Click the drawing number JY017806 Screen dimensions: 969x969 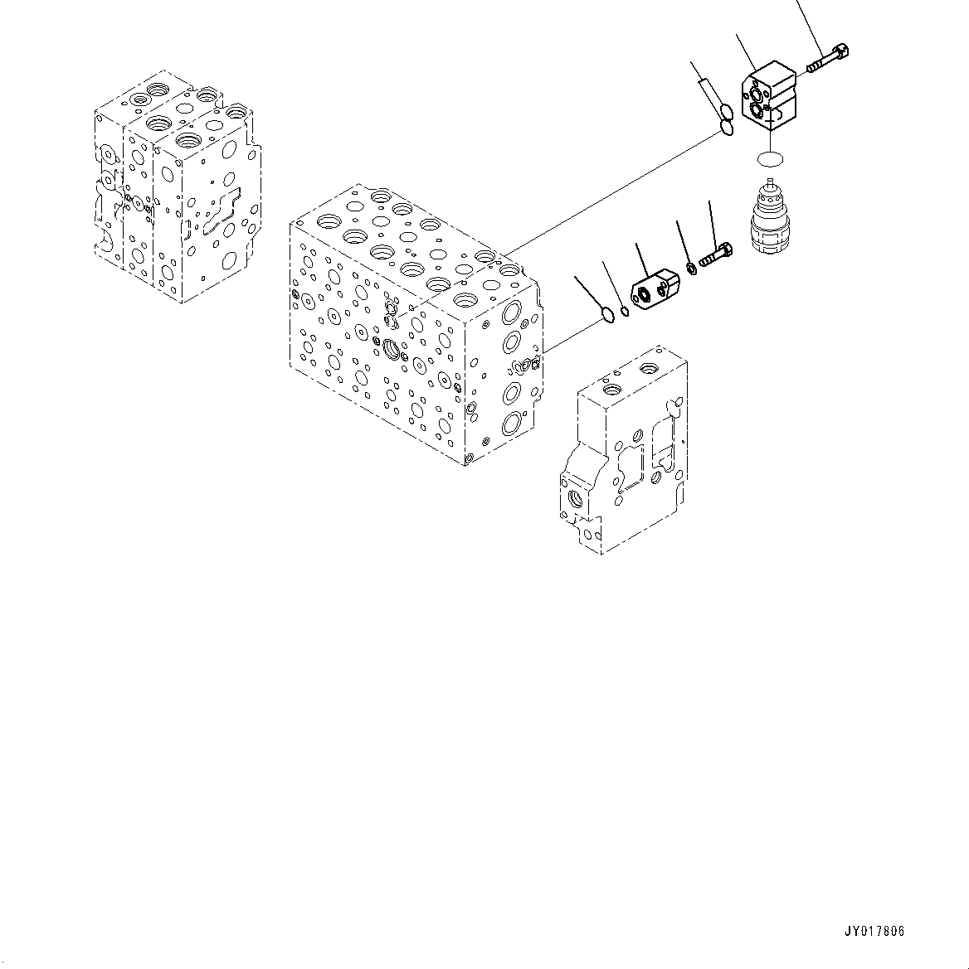(873, 931)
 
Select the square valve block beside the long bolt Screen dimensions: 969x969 (769, 95)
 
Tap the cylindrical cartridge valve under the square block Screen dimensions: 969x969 (768, 216)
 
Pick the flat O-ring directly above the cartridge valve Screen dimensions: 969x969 (770, 159)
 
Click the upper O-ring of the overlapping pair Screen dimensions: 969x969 (726, 112)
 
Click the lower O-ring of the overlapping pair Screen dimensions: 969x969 (728, 128)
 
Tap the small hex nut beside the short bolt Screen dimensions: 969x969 (692, 269)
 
